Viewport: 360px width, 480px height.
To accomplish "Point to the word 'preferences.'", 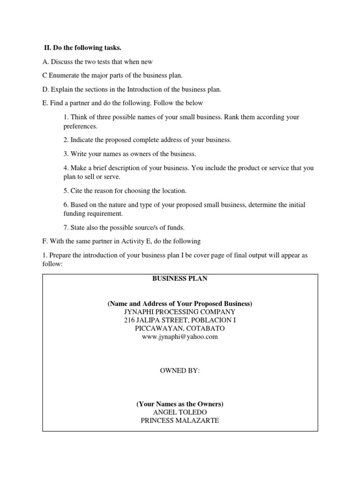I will [81, 126].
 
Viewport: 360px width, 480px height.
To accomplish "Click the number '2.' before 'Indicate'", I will [66, 140].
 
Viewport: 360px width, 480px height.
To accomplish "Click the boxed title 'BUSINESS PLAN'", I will [180, 278].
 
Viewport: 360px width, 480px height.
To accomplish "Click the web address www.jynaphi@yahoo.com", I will [180, 337].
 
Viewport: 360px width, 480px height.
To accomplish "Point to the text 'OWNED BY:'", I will [180, 370].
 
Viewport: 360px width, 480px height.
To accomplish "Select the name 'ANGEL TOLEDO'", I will [180, 412].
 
